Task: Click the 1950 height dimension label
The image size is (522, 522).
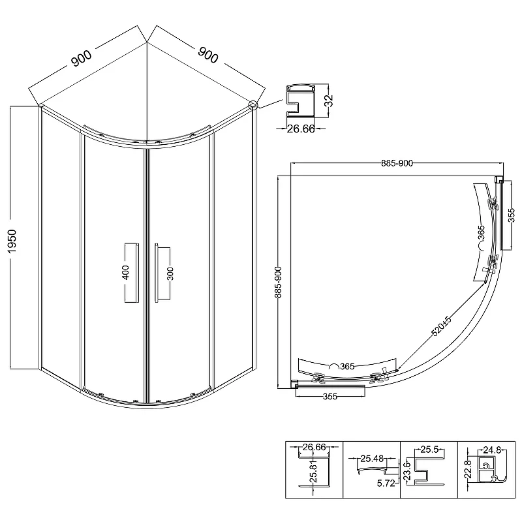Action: [12, 241]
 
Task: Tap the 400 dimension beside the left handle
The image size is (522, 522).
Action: [126, 272]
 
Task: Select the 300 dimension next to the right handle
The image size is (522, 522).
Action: [170, 273]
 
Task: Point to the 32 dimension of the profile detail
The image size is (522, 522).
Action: [329, 100]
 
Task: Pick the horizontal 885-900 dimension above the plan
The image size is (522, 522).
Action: [397, 163]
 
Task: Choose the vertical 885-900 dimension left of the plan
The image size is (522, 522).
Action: [278, 282]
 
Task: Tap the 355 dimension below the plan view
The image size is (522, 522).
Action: [330, 397]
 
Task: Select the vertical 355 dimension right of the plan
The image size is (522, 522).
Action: [512, 215]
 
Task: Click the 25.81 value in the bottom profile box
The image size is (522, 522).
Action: [313, 474]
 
